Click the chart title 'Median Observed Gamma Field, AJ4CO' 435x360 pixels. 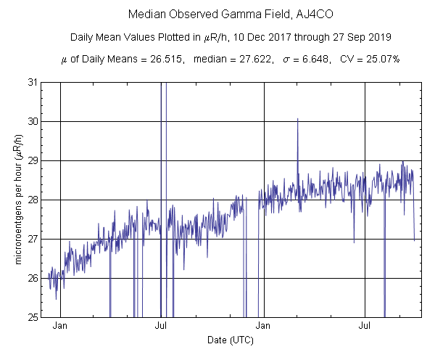point(217,15)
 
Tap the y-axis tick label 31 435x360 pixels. point(33,82)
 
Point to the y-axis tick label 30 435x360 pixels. point(33,121)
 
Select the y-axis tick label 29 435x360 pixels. point(33,160)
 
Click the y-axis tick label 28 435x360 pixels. point(33,200)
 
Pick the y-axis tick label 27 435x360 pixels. point(33,239)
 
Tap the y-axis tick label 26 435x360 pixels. point(33,278)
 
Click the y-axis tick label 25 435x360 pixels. point(33,317)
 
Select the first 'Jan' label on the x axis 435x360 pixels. point(60,327)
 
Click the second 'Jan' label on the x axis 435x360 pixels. point(264,327)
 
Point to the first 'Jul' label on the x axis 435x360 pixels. point(162,327)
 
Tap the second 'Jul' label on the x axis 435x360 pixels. point(365,327)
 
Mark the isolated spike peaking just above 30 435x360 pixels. point(297,120)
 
